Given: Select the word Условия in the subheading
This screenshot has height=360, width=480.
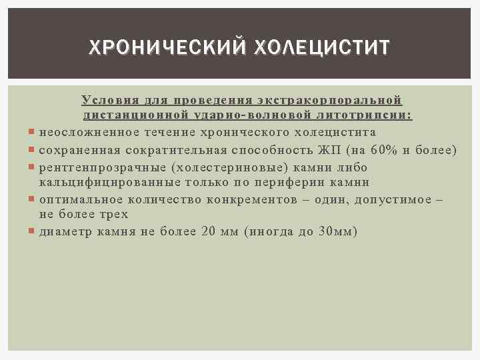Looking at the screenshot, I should coord(107,100).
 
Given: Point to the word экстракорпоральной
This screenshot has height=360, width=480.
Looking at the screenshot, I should coord(329,100).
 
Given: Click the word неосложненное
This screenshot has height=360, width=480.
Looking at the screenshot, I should coord(83,132).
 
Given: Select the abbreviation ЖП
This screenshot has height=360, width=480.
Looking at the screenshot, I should coord(327,150).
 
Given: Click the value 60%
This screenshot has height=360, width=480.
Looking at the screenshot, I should coord(383,150).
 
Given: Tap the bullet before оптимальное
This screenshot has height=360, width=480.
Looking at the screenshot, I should coord(33,199).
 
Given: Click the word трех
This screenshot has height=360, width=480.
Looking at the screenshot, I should coord(113,215).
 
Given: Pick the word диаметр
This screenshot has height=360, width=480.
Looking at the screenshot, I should coord(63,231).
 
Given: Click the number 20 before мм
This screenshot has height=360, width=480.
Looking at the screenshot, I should coord(208,231).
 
